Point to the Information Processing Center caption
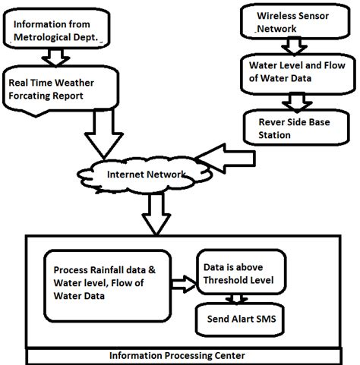[180, 354]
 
